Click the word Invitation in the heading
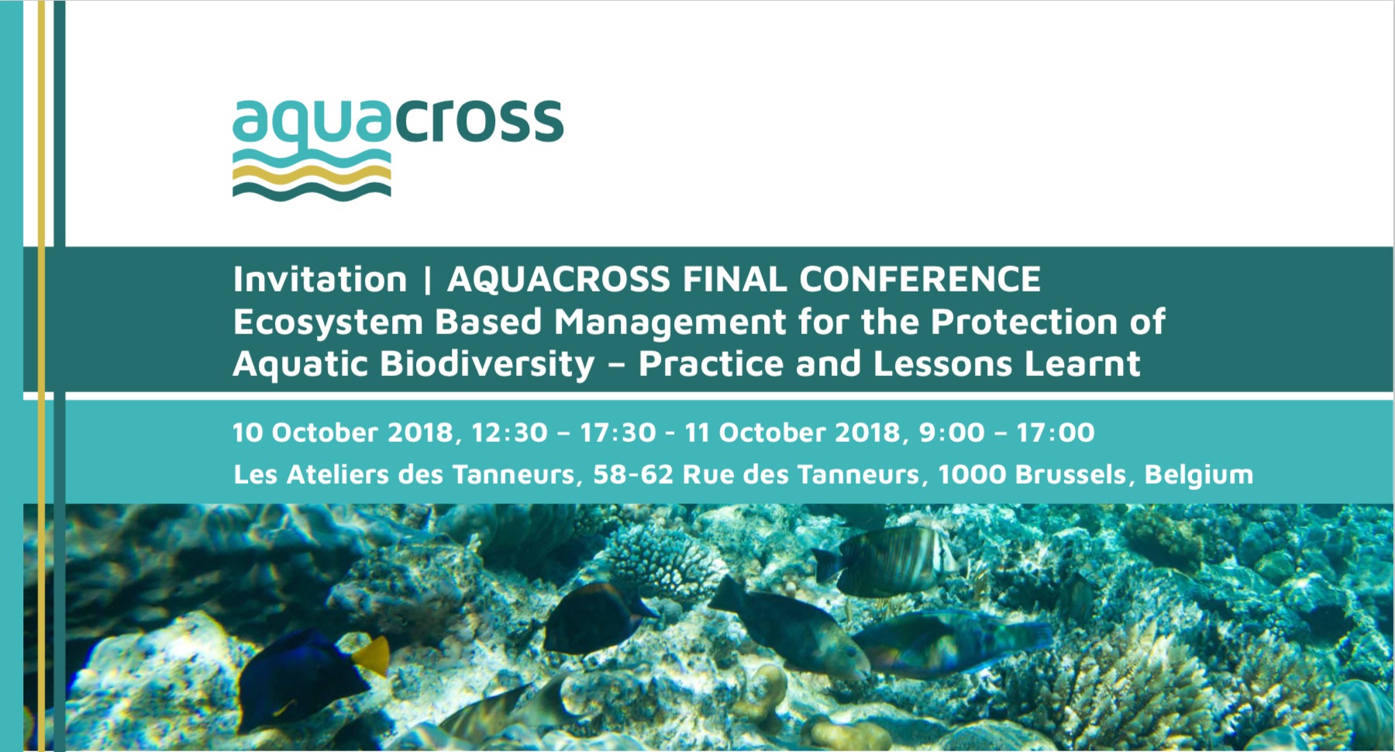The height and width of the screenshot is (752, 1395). (x=320, y=279)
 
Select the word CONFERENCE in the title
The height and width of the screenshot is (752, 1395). (x=920, y=279)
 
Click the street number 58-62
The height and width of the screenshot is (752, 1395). (x=633, y=474)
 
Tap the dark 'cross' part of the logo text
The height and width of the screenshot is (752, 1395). (x=480, y=122)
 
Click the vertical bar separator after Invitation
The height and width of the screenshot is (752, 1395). (x=427, y=280)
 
